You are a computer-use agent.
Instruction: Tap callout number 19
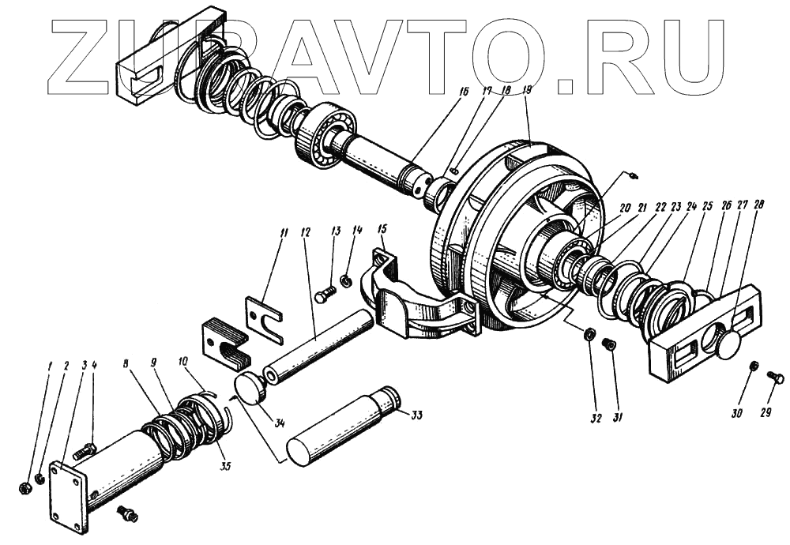click(528, 90)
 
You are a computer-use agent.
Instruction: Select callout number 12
click(306, 233)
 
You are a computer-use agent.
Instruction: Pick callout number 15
click(382, 230)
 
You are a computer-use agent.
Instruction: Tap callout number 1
click(48, 366)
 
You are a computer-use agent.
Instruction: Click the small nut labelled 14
click(346, 280)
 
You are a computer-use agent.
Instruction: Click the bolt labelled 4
click(83, 453)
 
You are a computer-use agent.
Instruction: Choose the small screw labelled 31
click(609, 344)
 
